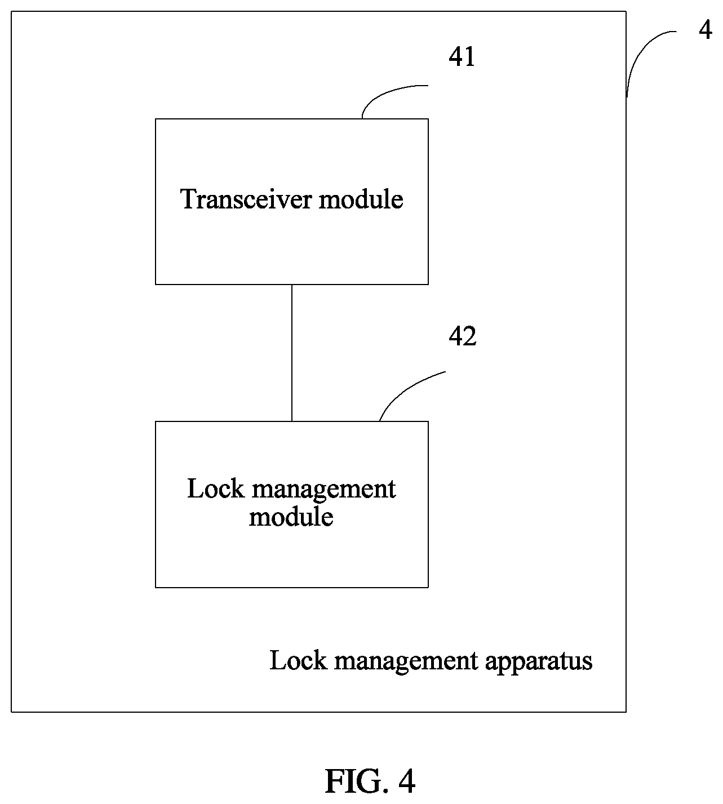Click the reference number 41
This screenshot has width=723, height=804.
coord(462,56)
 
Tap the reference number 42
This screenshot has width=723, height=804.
coord(462,336)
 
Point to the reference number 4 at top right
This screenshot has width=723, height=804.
coord(706,30)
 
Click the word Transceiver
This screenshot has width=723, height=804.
coord(245,199)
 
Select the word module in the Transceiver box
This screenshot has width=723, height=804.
coord(361,199)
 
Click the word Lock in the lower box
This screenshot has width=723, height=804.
coord(216,488)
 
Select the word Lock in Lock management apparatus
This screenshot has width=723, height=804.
coord(298,660)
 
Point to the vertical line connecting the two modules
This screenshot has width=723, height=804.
coord(292,353)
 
